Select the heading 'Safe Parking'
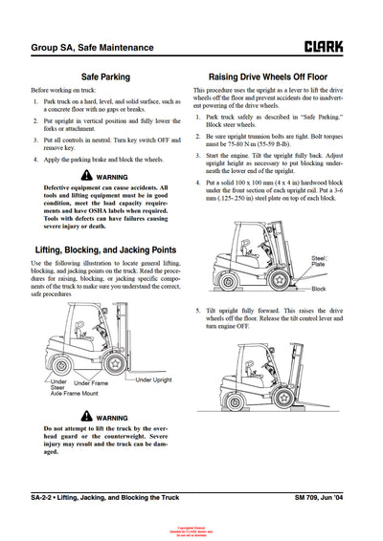tap(106, 76)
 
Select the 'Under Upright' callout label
tap(154, 379)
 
